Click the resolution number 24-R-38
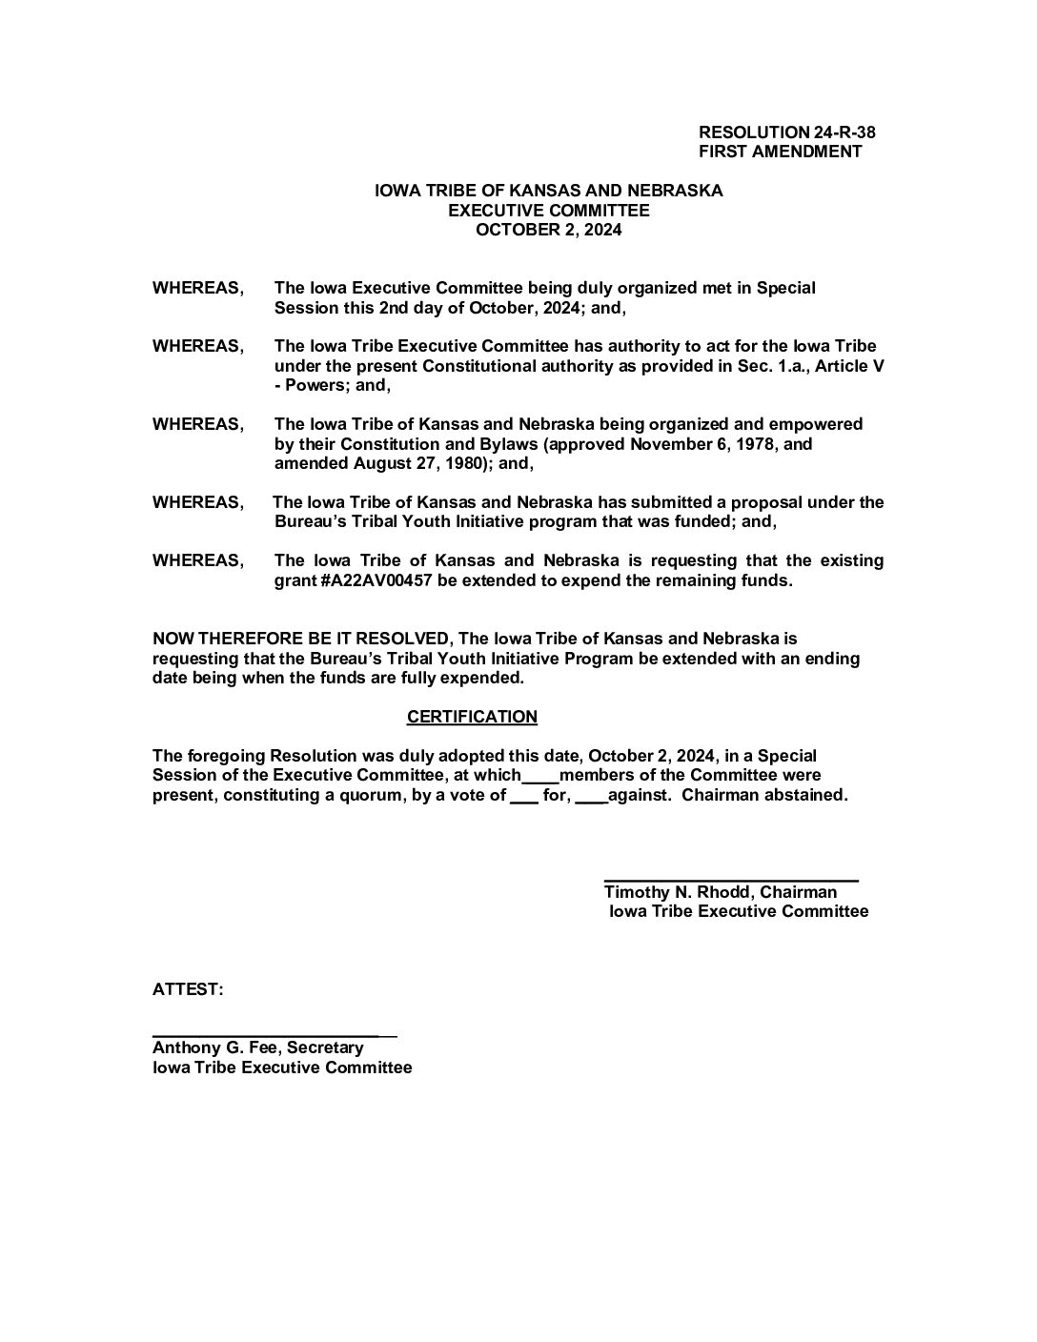pos(844,132)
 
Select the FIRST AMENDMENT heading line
pos(780,152)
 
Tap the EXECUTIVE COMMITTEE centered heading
pos(548,210)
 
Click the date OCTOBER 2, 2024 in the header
pos(548,230)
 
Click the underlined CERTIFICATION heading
pos(472,717)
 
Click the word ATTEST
pos(188,990)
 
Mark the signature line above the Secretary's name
pos(274,1034)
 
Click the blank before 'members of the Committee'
pos(540,779)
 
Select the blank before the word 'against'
pos(591,799)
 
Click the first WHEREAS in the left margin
pos(197,288)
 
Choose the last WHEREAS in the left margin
pos(197,560)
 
